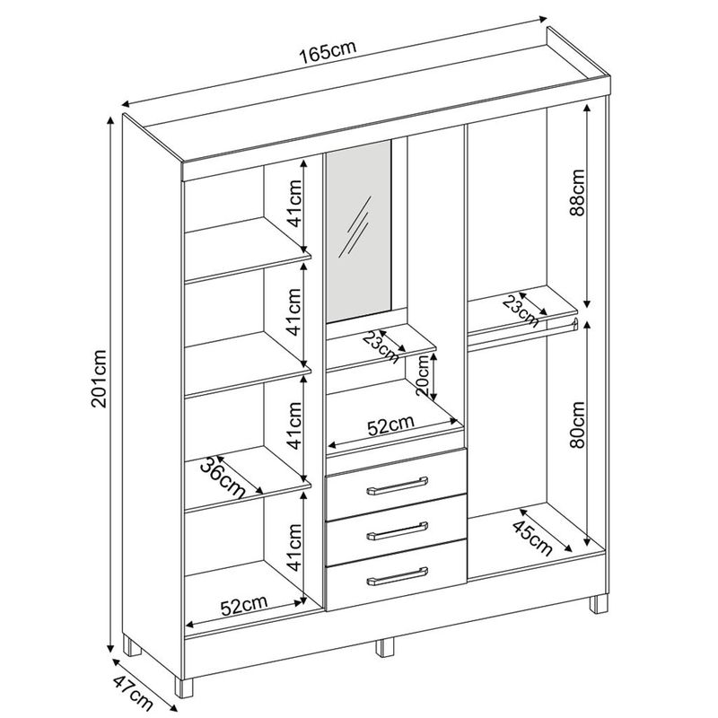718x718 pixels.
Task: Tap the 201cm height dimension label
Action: [99, 378]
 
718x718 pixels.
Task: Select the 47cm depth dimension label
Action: [132, 692]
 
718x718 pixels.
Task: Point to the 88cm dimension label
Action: [578, 192]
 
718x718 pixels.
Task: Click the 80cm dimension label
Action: [578, 425]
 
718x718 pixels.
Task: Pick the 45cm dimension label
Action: [531, 538]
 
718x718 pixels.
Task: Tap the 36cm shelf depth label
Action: [223, 477]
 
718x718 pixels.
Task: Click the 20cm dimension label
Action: [423, 375]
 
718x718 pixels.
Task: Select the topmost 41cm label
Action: [293, 204]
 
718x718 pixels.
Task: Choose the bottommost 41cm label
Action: [293, 547]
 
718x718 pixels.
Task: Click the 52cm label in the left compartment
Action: [244, 605]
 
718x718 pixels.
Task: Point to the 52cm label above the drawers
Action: [390, 425]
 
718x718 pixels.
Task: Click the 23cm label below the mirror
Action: [381, 346]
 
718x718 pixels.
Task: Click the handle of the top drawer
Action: [397, 486]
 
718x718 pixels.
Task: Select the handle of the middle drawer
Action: [397, 531]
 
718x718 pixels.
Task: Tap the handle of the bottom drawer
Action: [397, 576]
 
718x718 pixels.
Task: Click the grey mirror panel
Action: [358, 231]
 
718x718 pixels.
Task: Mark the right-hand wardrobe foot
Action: [599, 603]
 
